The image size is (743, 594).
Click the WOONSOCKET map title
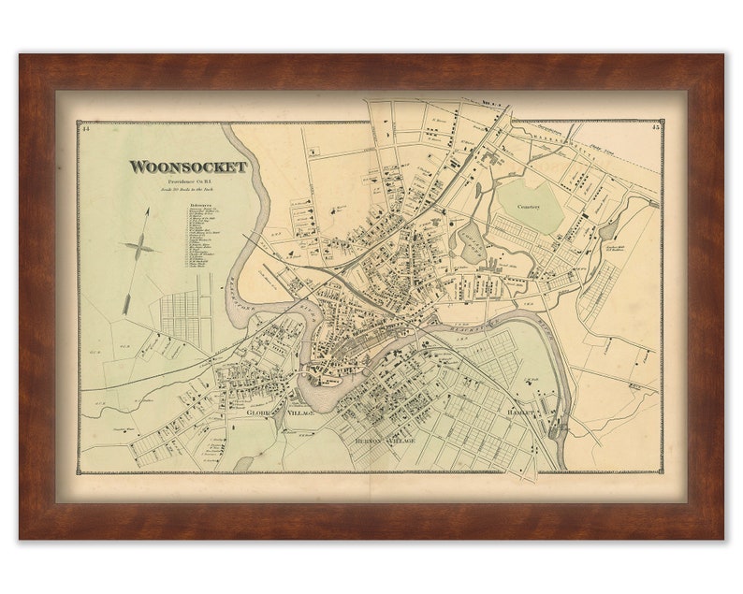pyautogui.click(x=187, y=167)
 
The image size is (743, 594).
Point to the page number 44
pyautogui.click(x=85, y=128)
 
